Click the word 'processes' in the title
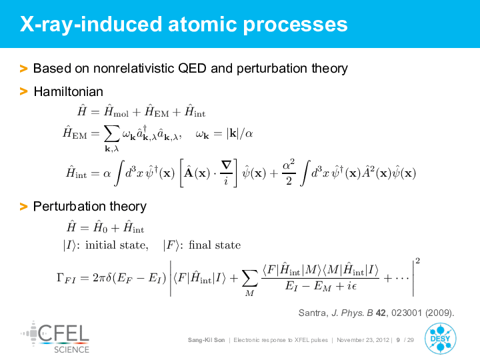[295, 25]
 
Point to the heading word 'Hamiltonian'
[68, 91]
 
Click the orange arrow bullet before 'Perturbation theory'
[23, 206]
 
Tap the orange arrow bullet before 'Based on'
[23, 68]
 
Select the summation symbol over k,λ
[111, 135]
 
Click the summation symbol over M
[249, 278]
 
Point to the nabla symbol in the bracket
[226, 166]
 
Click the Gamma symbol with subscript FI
[66, 278]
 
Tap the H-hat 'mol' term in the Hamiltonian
[116, 111]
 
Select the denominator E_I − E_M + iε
[321, 286]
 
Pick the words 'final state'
[215, 245]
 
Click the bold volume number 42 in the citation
[381, 313]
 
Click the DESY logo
[440, 339]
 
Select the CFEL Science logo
[55, 337]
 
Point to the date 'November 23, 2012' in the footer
[363, 340]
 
